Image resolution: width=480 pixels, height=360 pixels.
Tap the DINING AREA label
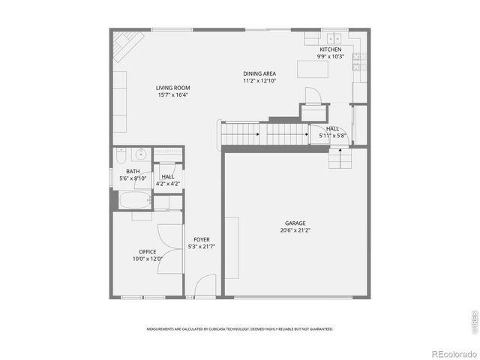259,73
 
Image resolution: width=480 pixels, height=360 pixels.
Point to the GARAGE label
295,223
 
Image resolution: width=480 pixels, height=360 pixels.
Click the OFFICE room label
147,252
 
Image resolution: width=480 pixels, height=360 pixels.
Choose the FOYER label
202,239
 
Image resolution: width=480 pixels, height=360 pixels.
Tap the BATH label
132,172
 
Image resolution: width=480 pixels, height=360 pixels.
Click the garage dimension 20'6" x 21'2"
295,230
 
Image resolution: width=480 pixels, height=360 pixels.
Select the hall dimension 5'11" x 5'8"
331,136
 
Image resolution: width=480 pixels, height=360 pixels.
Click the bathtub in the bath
133,201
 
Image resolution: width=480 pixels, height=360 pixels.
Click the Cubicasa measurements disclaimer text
240,328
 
